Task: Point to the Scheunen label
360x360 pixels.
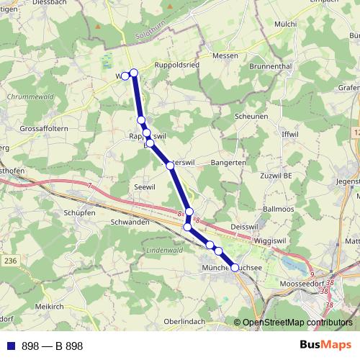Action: pos(252,116)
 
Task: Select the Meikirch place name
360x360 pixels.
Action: pos(49,306)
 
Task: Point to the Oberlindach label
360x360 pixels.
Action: pos(185,321)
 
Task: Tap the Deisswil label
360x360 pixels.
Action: pos(243,227)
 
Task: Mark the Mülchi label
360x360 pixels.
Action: pos(285,24)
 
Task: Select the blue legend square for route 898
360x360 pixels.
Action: pos(11,346)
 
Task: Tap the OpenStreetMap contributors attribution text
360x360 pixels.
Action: pos(297,322)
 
